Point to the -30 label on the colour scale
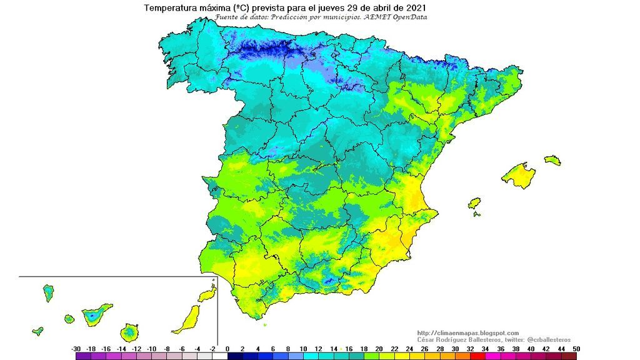76,348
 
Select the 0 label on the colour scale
227,348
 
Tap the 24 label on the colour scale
409,348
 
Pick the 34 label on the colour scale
485,348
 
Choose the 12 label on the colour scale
318,348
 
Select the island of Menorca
552,160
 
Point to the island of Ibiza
474,204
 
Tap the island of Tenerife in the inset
94,313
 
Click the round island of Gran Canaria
130,331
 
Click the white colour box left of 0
219,356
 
